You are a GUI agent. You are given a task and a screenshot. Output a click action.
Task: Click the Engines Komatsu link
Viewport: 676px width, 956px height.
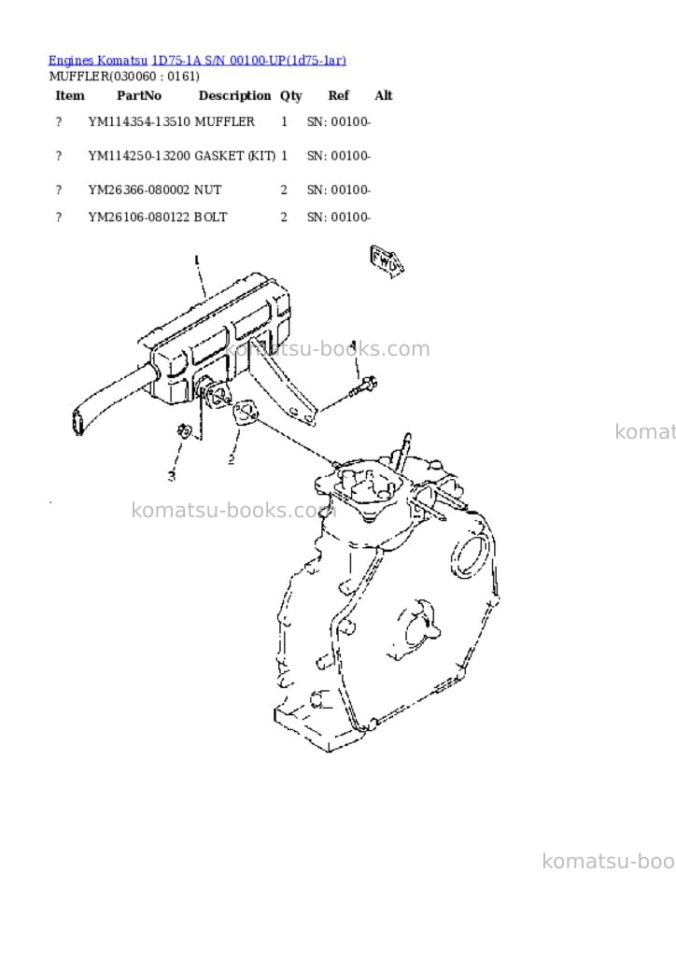pos(97,61)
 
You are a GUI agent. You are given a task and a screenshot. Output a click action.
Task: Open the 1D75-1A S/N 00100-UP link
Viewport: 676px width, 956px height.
pos(248,61)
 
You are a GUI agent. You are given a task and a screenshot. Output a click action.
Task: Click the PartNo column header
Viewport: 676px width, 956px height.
pos(139,96)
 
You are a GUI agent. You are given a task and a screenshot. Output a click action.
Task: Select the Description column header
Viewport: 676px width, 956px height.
pos(234,96)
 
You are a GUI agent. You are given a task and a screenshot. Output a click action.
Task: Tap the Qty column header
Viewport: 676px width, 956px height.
pos(290,96)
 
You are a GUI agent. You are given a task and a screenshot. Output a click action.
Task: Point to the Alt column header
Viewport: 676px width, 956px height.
pos(384,96)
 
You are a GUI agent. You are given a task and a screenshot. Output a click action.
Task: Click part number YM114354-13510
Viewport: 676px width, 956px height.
pos(139,122)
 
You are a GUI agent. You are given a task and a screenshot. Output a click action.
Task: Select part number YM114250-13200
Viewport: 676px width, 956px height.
pos(139,156)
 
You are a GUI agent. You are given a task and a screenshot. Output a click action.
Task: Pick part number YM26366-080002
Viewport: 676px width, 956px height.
pos(139,190)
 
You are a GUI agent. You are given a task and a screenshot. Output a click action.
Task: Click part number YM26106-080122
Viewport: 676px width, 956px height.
pos(139,217)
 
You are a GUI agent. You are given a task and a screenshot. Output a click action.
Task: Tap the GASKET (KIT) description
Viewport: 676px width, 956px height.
pos(234,156)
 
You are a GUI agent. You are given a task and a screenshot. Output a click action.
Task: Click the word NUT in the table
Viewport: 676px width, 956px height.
pos(207,190)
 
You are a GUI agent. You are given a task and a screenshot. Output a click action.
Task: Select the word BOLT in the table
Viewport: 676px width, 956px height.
pos(210,217)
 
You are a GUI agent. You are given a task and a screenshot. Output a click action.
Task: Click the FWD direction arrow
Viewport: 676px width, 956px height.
pos(387,260)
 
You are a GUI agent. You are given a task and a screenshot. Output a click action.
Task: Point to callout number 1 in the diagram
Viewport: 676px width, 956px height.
pos(196,260)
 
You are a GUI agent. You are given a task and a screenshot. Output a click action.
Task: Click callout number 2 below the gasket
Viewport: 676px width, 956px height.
pos(231,459)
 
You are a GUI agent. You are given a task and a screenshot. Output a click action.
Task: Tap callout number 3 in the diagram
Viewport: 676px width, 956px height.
pos(172,475)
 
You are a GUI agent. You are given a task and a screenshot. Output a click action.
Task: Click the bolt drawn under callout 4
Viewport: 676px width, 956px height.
pos(362,387)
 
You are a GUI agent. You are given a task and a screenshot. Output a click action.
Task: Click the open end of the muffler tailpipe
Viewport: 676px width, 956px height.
pos(77,423)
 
